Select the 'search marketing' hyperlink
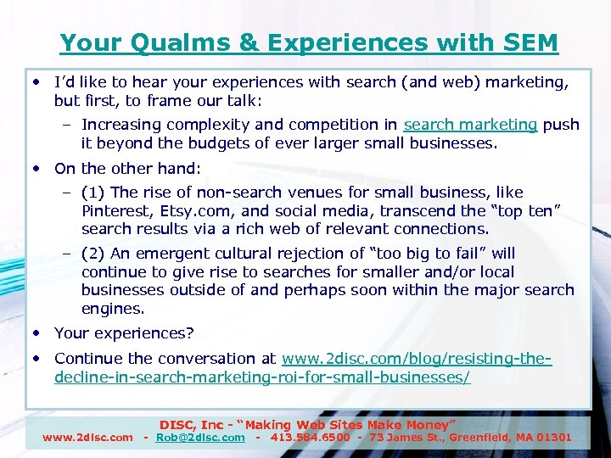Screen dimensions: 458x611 coord(470,125)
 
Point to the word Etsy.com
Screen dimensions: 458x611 coord(200,210)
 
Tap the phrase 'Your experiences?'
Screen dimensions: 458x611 coord(124,333)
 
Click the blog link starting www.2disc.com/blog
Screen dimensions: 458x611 coord(416,359)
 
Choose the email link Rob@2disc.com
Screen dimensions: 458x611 coord(200,438)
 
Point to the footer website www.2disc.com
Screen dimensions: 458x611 coord(87,438)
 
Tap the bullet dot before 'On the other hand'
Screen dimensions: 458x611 coord(39,168)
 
